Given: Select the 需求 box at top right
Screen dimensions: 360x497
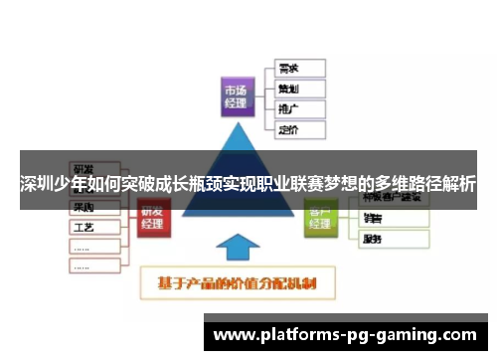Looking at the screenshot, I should [x=297, y=69].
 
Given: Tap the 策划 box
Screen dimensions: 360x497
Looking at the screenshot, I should [x=297, y=89].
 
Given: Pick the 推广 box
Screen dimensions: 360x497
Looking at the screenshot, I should [x=297, y=108].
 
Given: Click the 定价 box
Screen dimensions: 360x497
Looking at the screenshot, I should [x=297, y=128].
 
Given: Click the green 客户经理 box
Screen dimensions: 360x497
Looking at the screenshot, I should [x=320, y=218].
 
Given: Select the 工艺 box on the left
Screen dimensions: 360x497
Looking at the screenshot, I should [x=95, y=227].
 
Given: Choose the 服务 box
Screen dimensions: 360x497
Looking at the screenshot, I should [x=393, y=240].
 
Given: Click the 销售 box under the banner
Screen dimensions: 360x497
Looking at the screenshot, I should [x=393, y=218].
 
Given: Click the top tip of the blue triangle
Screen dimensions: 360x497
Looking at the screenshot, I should [x=238, y=123].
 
